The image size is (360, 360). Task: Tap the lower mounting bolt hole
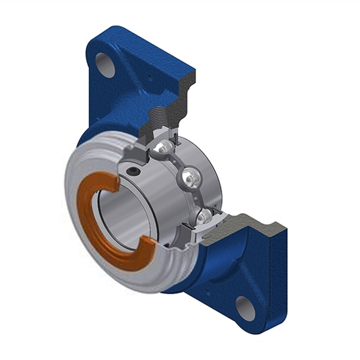pos(246,308)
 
